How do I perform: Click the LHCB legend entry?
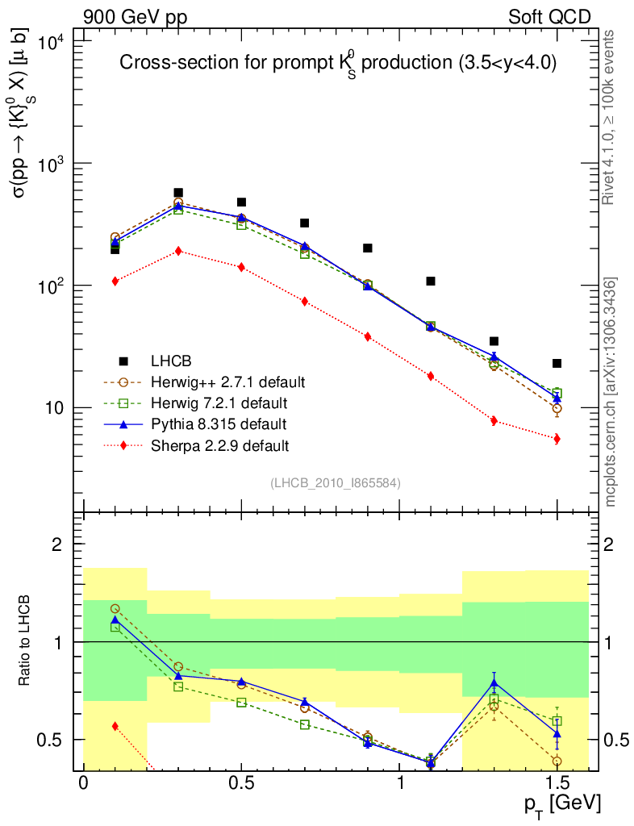[169, 360]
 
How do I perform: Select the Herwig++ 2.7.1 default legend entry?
[227, 381]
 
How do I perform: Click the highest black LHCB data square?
[178, 193]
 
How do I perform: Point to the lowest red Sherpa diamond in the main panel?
[557, 439]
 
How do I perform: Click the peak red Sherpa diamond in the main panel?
[178, 251]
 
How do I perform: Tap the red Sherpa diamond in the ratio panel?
[115, 726]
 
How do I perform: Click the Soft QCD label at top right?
[548, 16]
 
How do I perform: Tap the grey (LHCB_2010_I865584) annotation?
[335, 482]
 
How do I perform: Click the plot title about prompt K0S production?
[338, 65]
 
